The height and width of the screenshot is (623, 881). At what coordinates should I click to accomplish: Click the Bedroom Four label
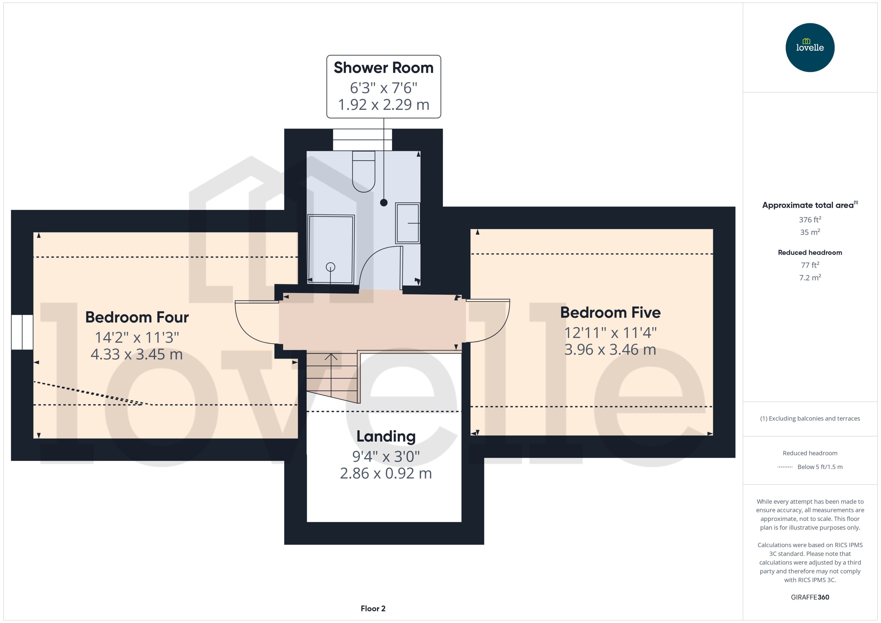pos(137,317)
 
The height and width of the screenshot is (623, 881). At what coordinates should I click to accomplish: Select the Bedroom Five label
pos(610,312)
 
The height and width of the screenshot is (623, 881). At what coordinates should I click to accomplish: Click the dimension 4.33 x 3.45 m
pos(137,354)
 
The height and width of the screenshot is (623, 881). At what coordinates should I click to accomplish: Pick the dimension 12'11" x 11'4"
pos(610,333)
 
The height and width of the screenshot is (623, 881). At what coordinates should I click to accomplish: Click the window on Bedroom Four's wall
pos(22,332)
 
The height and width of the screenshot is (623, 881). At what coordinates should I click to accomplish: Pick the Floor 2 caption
pos(373,608)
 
